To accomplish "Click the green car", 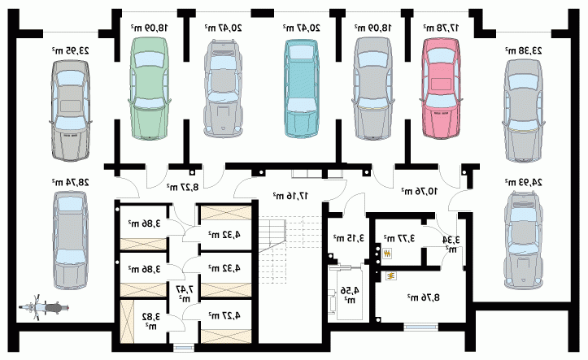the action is pyautogui.click(x=150, y=89).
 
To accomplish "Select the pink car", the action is pyautogui.click(x=441, y=89).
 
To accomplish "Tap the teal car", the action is pyautogui.click(x=302, y=89).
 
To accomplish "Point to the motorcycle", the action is pyautogui.click(x=43, y=307).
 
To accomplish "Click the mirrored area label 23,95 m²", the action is pyautogui.click(x=71, y=50).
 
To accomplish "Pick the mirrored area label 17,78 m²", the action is pyautogui.click(x=442, y=28).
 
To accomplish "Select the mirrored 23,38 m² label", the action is pyautogui.click(x=523, y=50).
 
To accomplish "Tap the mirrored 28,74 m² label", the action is pyautogui.click(x=71, y=182).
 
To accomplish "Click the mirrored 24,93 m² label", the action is pyautogui.click(x=523, y=182).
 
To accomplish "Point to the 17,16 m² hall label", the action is pyautogui.click(x=290, y=195).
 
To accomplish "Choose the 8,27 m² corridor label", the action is pyautogui.click(x=183, y=187).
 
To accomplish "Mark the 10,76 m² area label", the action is pyautogui.click(x=420, y=191).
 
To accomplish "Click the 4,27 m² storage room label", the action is pyautogui.click(x=224, y=315).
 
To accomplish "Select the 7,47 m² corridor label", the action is pyautogui.click(x=185, y=293).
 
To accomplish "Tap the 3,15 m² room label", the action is pyautogui.click(x=349, y=237).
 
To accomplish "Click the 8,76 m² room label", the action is pyautogui.click(x=424, y=297).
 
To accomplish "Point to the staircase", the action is pyautogui.click(x=290, y=249).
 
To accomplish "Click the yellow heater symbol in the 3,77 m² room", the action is pyautogui.click(x=387, y=254).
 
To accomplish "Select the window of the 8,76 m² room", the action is pyautogui.click(x=420, y=327).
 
